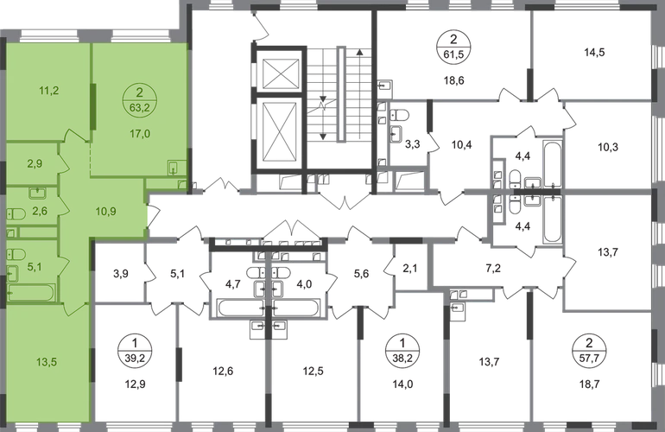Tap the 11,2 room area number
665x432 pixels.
coord(47,91)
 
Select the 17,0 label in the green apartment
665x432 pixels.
coord(140,134)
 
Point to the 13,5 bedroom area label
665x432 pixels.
coord(47,362)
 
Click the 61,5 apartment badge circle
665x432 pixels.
coord(453,47)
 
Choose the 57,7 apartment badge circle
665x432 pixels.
coord(589,350)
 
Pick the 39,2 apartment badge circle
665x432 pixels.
coord(135,350)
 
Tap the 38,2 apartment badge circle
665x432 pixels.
coord(402,350)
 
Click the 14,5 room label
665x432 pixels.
coord(594,53)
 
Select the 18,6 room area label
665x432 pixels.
coord(453,80)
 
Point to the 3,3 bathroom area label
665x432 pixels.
coord(412,144)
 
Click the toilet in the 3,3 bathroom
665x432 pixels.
coord(399,115)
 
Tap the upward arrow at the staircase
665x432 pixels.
coord(359,93)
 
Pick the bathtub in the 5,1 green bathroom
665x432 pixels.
coord(31,293)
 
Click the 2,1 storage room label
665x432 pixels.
coord(409,268)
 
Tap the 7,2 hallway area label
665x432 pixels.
coord(494,268)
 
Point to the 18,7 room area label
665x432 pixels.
coord(589,384)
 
